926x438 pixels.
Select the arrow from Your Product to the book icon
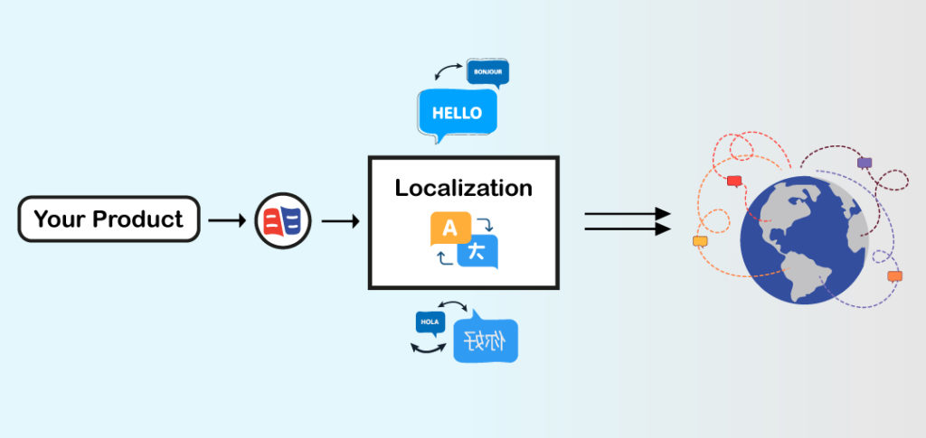pos(226,219)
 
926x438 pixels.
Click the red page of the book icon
pos(272,220)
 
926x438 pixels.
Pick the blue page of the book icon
pos(295,220)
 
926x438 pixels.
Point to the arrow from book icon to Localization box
pos(340,219)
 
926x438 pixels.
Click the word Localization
pos(463,189)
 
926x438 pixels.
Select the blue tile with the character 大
pos(477,252)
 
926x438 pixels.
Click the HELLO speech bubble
pos(457,114)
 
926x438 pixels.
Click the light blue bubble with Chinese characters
pos(486,340)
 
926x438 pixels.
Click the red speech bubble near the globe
pos(734,181)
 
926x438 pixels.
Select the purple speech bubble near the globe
pos(865,163)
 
